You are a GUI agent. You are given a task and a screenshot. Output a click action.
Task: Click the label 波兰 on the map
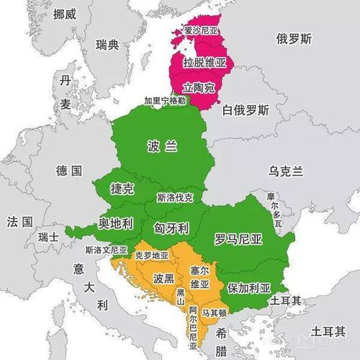[161, 145]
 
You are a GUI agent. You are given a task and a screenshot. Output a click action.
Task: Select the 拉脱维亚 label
[204, 63]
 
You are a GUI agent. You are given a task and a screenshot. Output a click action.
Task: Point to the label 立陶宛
[199, 87]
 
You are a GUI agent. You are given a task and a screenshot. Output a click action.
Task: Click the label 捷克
[122, 189]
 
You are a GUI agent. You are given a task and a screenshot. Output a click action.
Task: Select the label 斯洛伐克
[175, 197]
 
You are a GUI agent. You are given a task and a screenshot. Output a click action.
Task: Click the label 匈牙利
[171, 228]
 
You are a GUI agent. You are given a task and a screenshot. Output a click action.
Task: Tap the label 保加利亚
[248, 287]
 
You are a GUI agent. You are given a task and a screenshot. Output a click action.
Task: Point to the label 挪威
[56, 14]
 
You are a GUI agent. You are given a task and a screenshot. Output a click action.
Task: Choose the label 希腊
[222, 341]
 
